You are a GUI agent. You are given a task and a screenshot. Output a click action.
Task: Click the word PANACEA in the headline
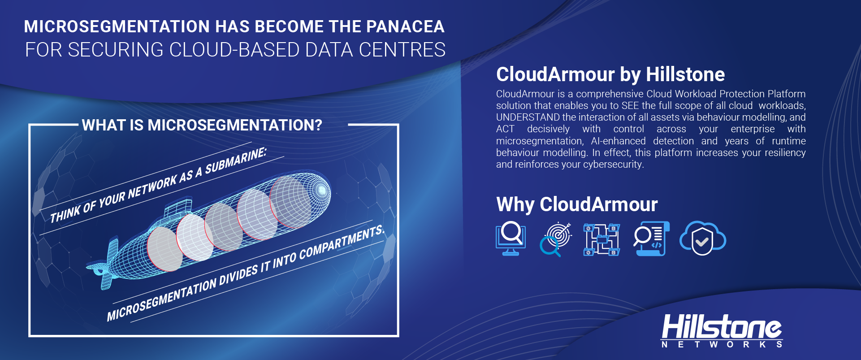tap(405, 26)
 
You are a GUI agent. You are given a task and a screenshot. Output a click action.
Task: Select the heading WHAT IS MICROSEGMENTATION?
tap(202, 125)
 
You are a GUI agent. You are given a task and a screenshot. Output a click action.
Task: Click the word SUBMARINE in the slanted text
tap(236, 160)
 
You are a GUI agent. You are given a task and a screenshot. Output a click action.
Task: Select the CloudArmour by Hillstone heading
tap(610, 74)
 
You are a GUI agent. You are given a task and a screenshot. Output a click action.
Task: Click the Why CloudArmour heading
tap(577, 204)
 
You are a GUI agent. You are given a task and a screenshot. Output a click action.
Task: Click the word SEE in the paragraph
tap(630, 106)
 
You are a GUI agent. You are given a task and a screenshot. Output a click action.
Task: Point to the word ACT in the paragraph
tap(505, 129)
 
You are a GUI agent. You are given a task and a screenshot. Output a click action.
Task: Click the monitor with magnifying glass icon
tap(511, 239)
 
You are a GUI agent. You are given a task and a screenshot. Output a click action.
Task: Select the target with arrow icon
tap(556, 239)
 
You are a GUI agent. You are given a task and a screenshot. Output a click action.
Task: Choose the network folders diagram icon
tap(601, 239)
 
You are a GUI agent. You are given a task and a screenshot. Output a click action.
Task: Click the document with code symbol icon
tap(652, 239)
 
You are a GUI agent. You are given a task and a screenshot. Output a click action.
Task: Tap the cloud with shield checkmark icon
tap(703, 238)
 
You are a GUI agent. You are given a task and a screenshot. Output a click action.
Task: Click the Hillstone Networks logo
tap(722, 330)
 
